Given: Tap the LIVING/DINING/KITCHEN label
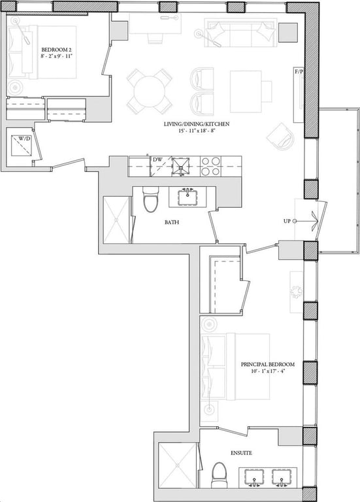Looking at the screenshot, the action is click(x=197, y=124).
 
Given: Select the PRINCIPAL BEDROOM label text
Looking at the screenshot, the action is click(x=268, y=364).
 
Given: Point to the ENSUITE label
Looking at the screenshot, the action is click(x=241, y=453).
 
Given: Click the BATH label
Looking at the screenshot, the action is click(x=172, y=222).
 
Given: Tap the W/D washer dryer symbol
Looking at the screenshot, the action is click(x=22, y=146).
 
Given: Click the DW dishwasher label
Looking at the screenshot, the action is click(x=157, y=159).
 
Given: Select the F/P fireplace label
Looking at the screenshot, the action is click(x=299, y=72).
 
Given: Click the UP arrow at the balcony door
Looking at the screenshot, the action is click(x=306, y=221).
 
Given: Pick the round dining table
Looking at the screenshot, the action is click(x=150, y=91).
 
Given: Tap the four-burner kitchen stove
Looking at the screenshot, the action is click(x=211, y=167).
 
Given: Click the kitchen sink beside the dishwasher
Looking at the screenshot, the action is click(x=182, y=167).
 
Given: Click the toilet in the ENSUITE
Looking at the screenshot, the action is click(x=219, y=475).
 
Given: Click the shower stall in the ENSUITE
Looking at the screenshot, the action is click(x=178, y=465).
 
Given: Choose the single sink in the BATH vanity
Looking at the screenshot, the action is click(x=188, y=197).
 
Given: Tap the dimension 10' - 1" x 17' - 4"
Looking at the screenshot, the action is click(x=268, y=372).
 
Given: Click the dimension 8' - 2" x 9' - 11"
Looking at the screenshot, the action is click(x=57, y=56).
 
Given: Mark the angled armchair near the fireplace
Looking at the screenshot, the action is click(x=282, y=137).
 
